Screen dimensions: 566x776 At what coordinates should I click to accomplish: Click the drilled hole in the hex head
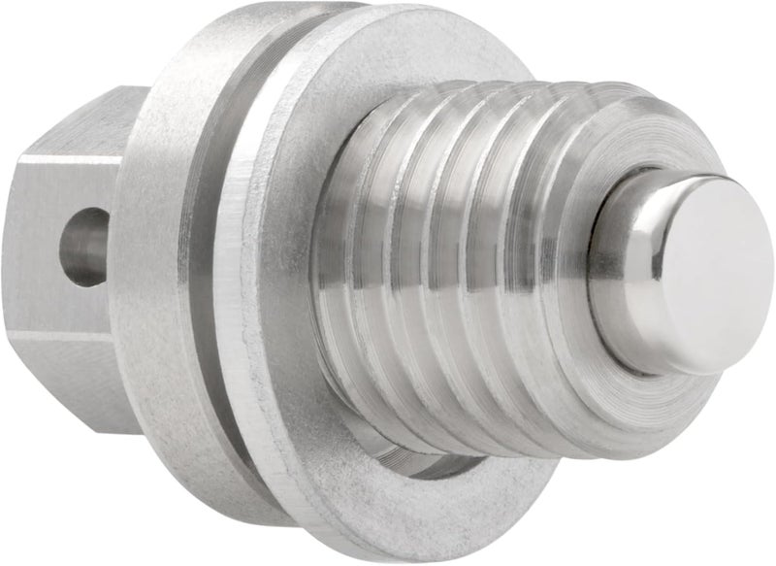(85, 247)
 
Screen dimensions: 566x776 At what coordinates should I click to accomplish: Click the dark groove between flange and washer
(217, 291)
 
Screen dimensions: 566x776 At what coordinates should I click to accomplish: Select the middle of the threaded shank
(456, 282)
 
